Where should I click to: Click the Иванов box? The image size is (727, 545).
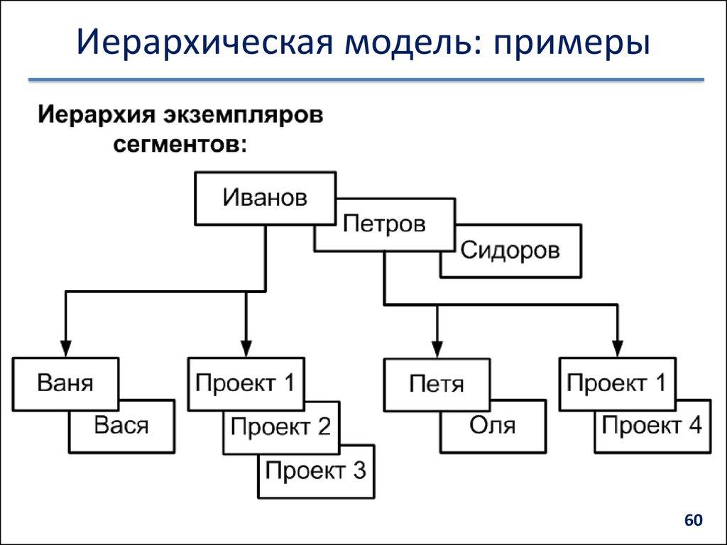[x=265, y=198]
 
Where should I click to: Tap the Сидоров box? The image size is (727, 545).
[x=510, y=251]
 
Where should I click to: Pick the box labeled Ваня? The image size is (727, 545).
[x=65, y=384]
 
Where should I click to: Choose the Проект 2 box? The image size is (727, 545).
[x=281, y=427]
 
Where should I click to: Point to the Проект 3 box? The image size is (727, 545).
[x=316, y=470]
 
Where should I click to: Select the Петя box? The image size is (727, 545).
[x=437, y=385]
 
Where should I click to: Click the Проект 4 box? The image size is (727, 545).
[x=652, y=426]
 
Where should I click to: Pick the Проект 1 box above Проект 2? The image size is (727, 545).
[x=245, y=384]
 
